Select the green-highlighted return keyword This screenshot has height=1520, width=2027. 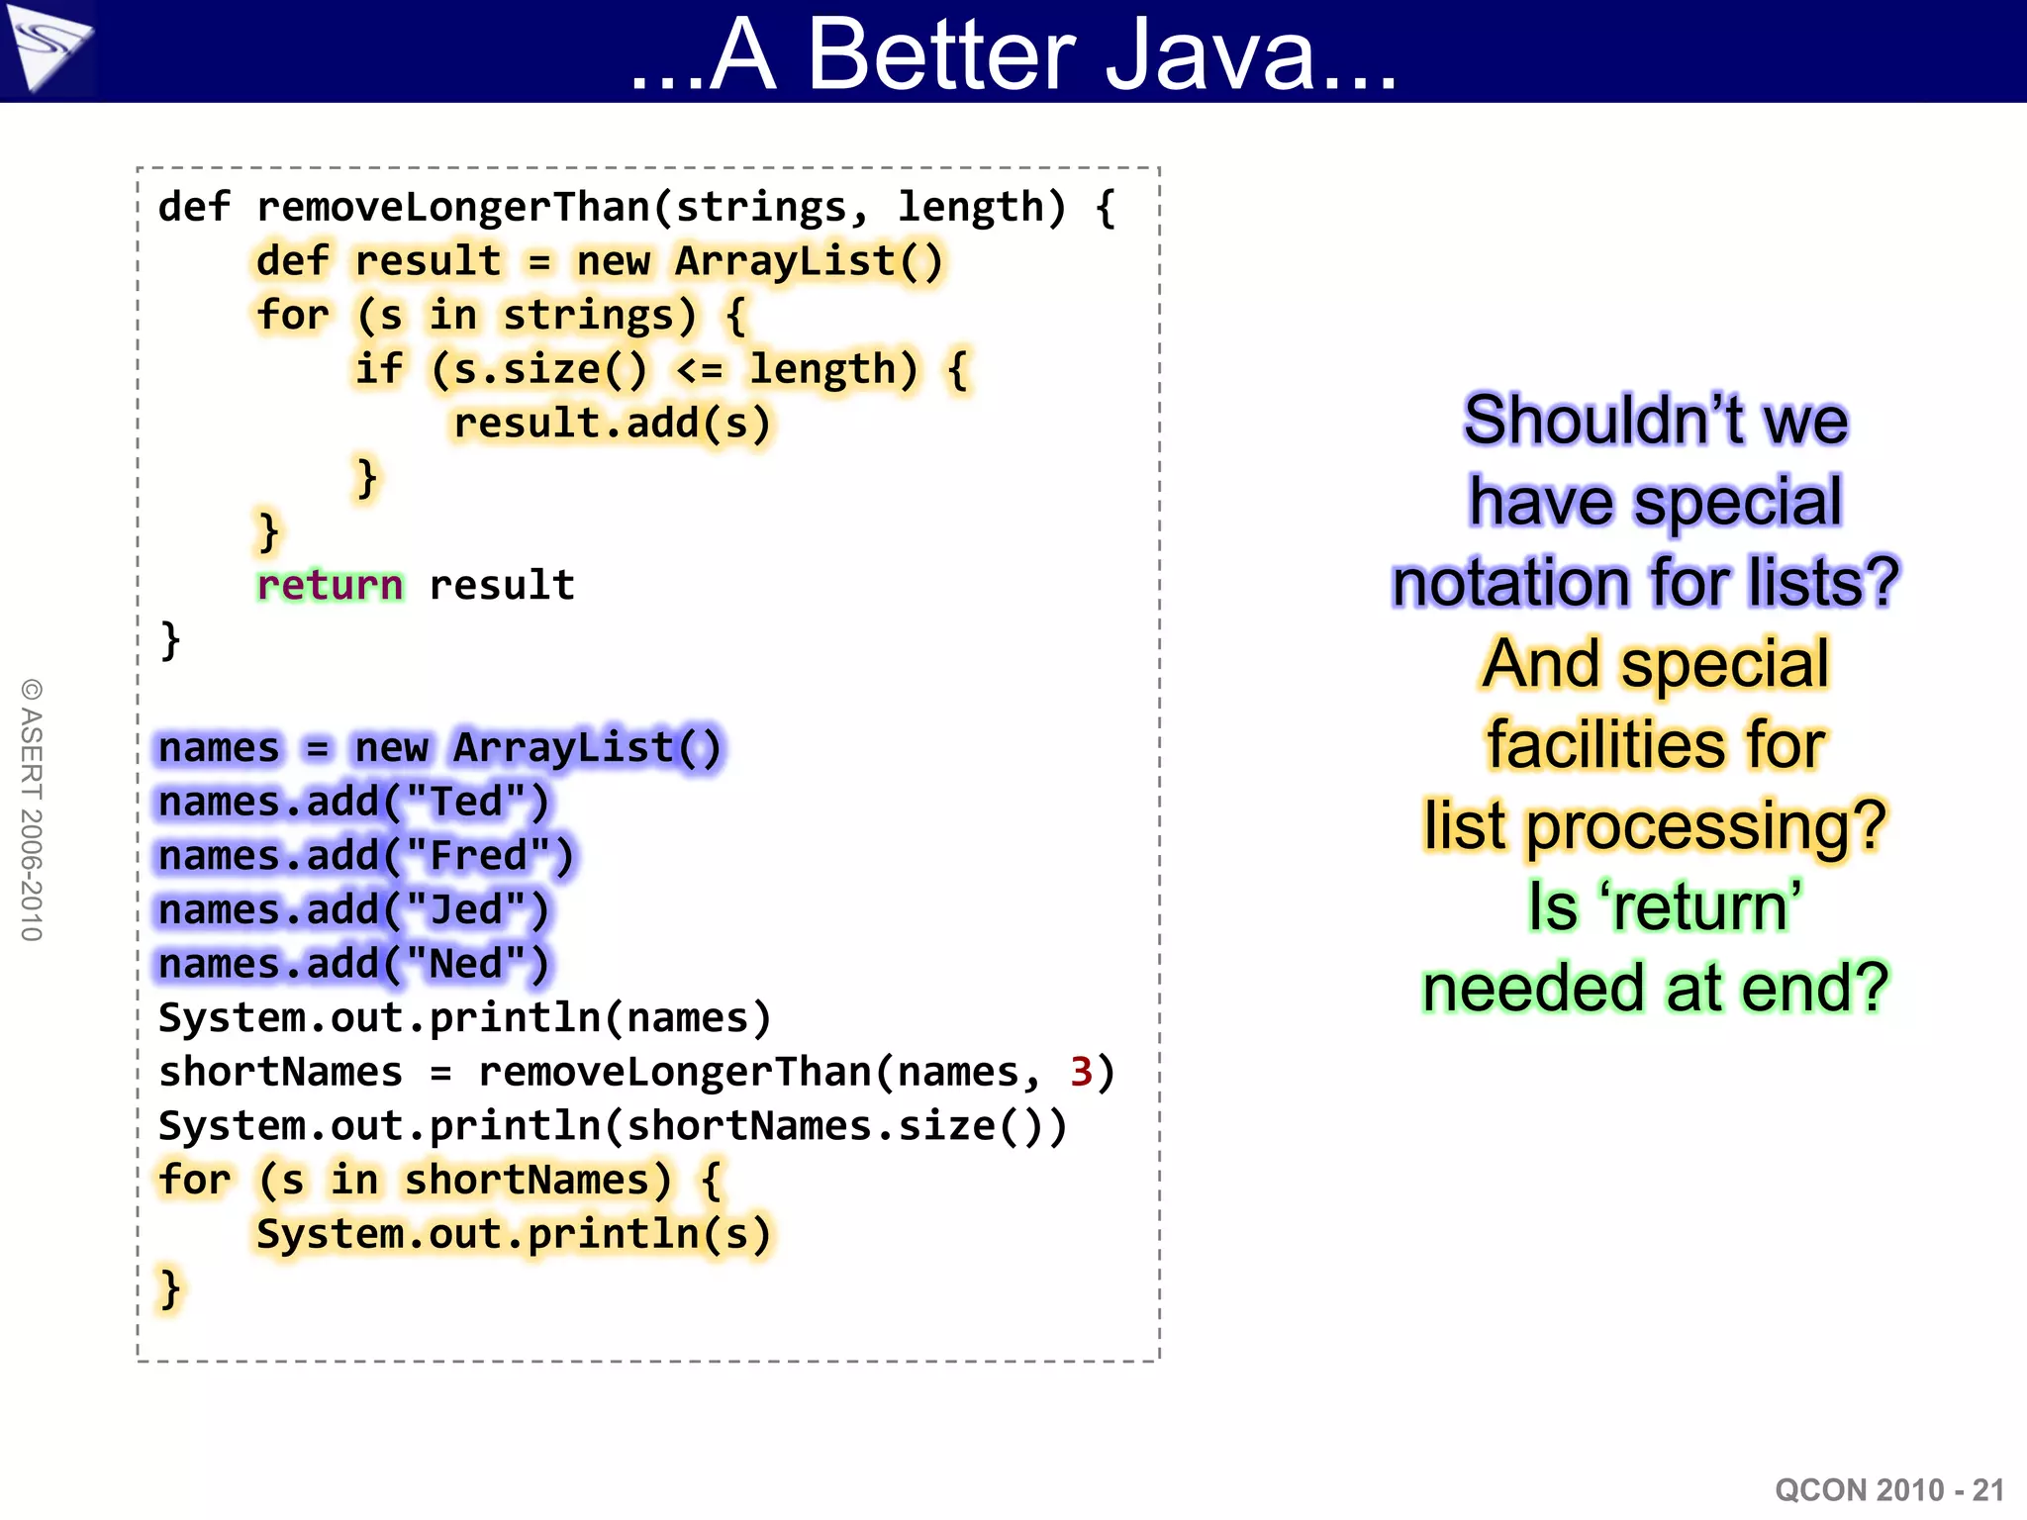[330, 586]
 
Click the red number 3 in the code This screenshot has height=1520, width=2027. [1081, 1073]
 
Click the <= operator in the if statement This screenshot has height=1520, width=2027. [700, 370]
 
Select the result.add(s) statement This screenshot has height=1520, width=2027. [612, 424]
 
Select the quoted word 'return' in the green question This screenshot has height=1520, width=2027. [1700, 906]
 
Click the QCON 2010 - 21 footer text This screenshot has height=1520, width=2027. [1888, 1490]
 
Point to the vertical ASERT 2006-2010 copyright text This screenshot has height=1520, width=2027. [32, 809]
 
